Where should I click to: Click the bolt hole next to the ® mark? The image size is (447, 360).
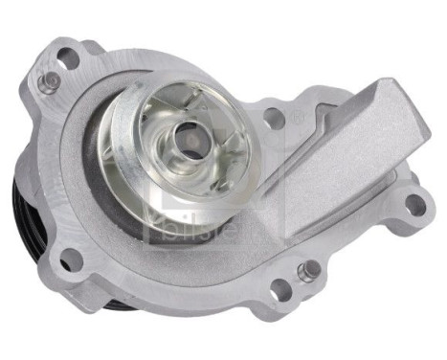pos(274,119)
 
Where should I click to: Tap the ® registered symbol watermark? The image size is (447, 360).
pos(298,117)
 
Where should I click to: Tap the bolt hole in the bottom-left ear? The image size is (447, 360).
pos(66,257)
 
